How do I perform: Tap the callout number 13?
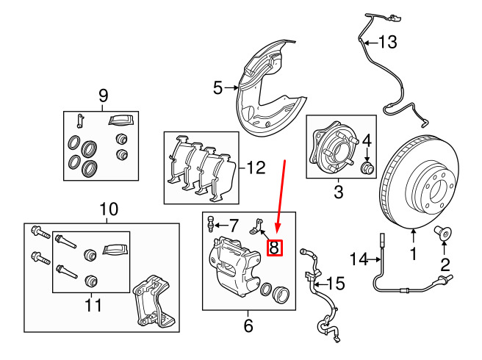coord(387,42)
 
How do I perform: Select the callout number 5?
coord(217,89)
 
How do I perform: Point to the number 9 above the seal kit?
coord(103,95)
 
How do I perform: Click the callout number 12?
coord(256,168)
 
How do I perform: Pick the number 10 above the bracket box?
coord(109,209)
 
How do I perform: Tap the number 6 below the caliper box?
coord(248,324)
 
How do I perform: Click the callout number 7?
coord(234,224)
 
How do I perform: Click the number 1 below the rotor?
coord(413,256)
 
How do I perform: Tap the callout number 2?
coord(445,264)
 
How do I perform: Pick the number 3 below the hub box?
coord(339,193)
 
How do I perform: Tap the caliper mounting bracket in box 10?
coord(152,301)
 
